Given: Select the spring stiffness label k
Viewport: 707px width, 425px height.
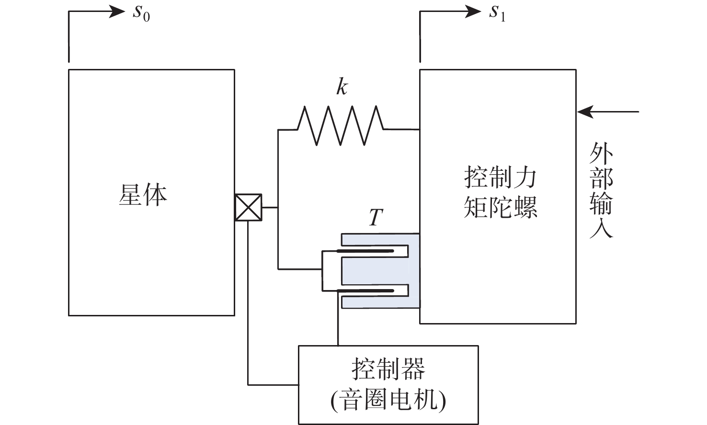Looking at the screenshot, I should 342,87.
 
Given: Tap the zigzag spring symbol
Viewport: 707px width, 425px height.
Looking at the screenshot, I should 340,125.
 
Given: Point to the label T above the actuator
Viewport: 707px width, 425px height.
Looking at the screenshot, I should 376,218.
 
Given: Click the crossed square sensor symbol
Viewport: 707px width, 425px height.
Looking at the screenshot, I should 248,207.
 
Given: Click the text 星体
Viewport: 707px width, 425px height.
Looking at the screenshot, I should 143,195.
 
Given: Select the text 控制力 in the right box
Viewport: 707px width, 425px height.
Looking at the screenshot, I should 500,178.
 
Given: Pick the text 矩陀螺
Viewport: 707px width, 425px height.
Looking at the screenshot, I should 500,207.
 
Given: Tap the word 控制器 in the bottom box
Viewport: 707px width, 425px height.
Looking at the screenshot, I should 388,369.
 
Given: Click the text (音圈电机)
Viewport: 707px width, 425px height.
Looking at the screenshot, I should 388,400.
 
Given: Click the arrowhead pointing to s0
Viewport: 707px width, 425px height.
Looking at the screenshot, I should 117,11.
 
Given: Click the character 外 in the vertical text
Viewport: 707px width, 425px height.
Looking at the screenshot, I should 601,154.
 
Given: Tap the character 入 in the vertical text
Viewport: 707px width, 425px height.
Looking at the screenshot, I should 601,227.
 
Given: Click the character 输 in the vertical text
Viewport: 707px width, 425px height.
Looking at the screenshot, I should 601,203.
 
